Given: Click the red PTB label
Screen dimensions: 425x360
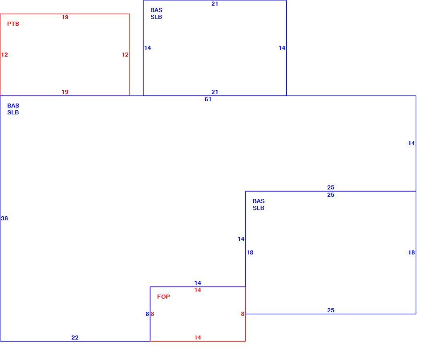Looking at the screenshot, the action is click(13, 24).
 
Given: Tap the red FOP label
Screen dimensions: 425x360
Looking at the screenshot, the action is click(164, 297).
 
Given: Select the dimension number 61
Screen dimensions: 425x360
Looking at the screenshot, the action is click(208, 99).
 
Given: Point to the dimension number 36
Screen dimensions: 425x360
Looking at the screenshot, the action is click(4, 218).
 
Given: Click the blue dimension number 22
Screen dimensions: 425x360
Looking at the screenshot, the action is click(75, 338).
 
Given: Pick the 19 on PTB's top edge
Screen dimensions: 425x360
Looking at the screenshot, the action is click(65, 17).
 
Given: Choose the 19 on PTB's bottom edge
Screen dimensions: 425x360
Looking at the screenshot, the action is click(65, 92).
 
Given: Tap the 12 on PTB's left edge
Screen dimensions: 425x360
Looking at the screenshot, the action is click(4, 55).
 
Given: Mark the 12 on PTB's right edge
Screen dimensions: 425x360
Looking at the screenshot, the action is click(125, 55).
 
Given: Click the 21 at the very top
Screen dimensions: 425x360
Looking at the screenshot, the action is click(215, 4).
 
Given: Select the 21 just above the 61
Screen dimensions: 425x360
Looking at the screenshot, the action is click(215, 92).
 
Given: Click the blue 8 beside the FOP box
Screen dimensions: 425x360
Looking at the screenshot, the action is click(147, 314).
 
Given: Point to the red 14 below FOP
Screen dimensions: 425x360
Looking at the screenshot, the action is click(198, 338).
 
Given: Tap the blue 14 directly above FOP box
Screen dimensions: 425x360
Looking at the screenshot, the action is click(198, 283).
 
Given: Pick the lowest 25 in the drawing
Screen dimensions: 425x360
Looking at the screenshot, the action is click(331, 310).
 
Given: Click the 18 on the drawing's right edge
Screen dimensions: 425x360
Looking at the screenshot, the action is click(411, 252).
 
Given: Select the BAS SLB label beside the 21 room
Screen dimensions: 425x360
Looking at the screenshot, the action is click(156, 14).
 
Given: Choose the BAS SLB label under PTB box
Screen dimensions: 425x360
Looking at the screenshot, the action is click(13, 109).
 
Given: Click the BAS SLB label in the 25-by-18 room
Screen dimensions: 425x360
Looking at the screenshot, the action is click(259, 205).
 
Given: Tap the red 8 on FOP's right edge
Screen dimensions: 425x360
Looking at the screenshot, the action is click(243, 314).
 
